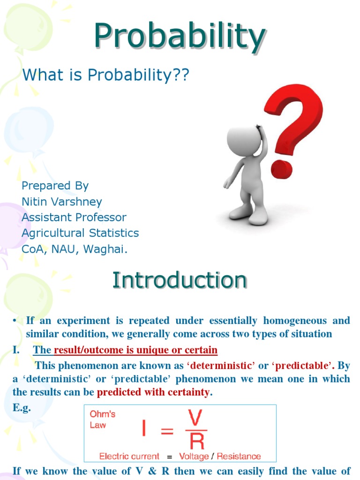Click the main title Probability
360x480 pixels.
pyautogui.click(x=180, y=37)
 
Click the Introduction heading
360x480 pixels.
pyautogui.click(x=180, y=280)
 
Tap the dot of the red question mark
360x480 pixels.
pyautogui.click(x=282, y=169)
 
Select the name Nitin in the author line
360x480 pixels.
pyautogui.click(x=34, y=202)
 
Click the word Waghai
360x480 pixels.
pyautogui.click(x=105, y=249)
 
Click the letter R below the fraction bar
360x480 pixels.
pyautogui.click(x=197, y=442)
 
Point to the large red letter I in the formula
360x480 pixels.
pyautogui.click(x=144, y=428)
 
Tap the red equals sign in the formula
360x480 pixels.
pyautogui.click(x=167, y=431)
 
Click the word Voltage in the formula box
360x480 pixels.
pyautogui.click(x=194, y=457)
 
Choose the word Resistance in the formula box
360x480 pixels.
pyautogui.click(x=239, y=457)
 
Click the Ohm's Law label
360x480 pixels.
pyautogui.click(x=102, y=420)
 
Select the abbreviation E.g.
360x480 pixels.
pyautogui.click(x=22, y=408)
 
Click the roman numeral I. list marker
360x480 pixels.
pyautogui.click(x=16, y=350)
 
